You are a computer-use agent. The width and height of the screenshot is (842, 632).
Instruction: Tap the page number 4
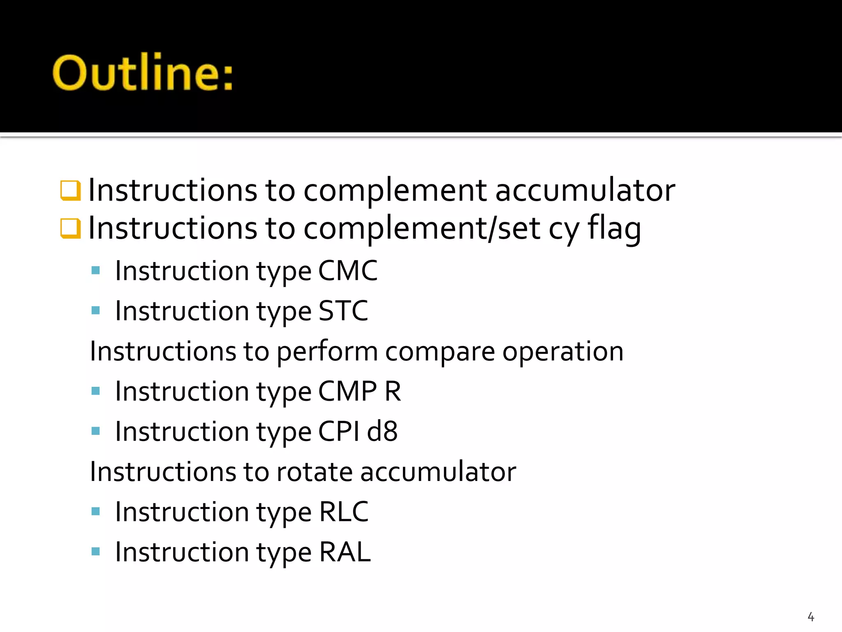coord(811,616)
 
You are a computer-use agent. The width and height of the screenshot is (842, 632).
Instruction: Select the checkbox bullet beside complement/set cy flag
coord(70,228)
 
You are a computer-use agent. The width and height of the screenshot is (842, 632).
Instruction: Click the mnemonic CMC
coord(348,271)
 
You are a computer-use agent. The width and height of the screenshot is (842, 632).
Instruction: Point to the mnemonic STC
coord(343,311)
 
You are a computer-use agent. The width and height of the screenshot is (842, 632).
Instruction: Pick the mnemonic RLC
coord(344,512)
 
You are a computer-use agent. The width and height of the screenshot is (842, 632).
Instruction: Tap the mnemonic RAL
coord(345,552)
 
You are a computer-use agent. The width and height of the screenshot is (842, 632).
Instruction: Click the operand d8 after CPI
coord(382,432)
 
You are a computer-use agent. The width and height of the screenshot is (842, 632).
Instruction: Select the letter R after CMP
coord(393,391)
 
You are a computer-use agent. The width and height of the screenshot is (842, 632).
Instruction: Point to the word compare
coord(440,351)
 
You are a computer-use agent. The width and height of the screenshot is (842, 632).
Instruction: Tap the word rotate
coord(315,472)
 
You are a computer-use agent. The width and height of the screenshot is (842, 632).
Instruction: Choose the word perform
coord(327,352)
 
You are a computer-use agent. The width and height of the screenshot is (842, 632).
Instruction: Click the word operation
coord(563,352)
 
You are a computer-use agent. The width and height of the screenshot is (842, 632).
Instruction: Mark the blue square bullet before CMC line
coord(96,270)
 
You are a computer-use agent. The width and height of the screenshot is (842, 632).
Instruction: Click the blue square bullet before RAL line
coord(96,551)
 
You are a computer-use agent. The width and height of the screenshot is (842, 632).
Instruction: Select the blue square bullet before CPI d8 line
coord(96,431)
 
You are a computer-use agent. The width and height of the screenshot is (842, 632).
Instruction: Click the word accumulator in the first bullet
coord(585,190)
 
